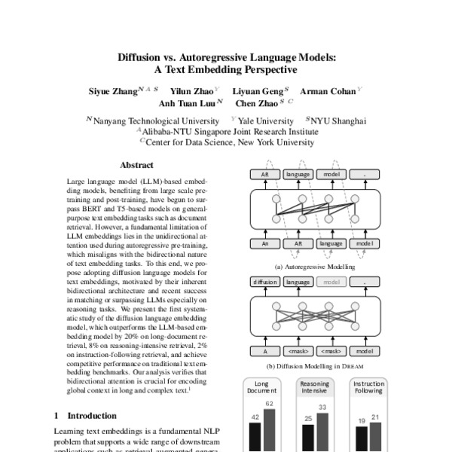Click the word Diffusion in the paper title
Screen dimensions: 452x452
[141, 56]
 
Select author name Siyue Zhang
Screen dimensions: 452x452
[114, 90]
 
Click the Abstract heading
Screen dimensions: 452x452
[136, 165]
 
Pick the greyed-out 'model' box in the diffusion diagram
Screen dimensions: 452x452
[330, 282]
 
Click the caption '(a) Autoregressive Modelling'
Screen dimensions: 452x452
[311, 266]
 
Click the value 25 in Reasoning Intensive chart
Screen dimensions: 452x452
[309, 418]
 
